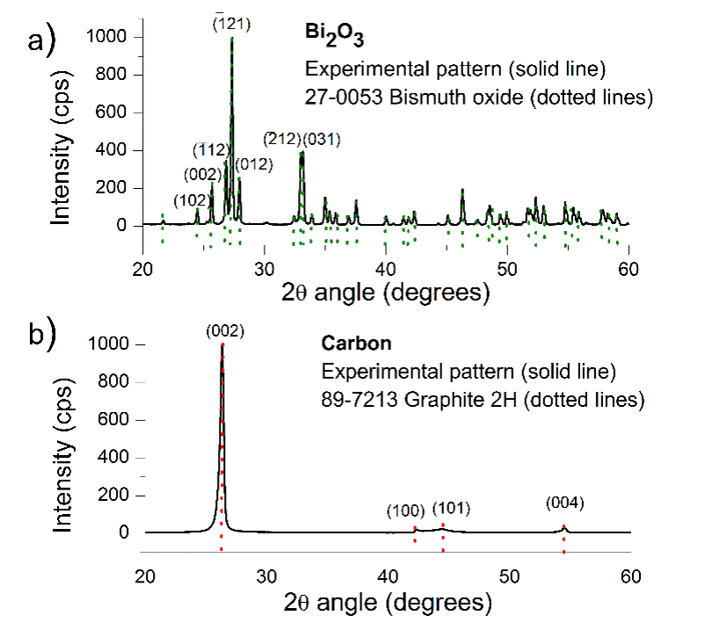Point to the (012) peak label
255,164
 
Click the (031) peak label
321,139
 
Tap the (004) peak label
564,503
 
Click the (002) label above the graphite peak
224,331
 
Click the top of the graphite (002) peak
222,345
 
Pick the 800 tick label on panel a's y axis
116,76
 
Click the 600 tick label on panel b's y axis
116,420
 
